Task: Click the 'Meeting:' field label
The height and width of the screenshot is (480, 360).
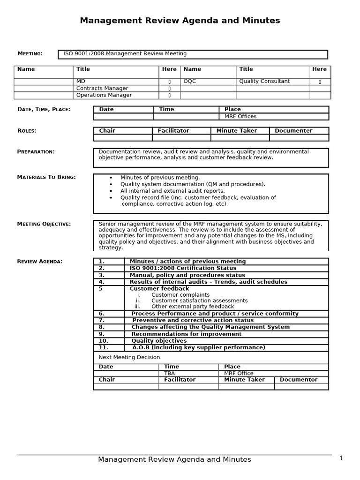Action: (x=30, y=53)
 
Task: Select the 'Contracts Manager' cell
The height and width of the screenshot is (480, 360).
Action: (x=102, y=88)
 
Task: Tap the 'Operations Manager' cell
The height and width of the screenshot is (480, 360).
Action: (x=104, y=95)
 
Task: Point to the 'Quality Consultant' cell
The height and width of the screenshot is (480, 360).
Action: (x=264, y=81)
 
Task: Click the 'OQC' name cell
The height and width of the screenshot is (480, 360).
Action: (x=190, y=81)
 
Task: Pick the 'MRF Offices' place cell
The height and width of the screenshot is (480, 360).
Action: (x=240, y=116)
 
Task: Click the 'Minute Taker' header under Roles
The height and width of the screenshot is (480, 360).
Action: (x=237, y=131)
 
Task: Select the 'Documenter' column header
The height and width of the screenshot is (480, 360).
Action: (x=293, y=131)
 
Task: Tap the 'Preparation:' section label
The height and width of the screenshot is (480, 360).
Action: (x=36, y=151)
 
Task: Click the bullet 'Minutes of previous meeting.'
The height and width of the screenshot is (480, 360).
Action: (x=160, y=178)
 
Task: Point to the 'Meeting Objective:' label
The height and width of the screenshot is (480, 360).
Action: (x=44, y=224)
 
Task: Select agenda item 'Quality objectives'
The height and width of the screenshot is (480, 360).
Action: (x=159, y=341)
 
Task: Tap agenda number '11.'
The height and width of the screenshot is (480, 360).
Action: (x=104, y=347)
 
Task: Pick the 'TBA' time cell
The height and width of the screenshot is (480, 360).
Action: (x=169, y=373)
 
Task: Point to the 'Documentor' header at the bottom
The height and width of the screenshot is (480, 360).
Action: (x=299, y=380)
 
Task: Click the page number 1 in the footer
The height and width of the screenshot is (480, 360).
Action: (x=341, y=458)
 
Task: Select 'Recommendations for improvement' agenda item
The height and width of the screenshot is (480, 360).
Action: (x=187, y=334)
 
